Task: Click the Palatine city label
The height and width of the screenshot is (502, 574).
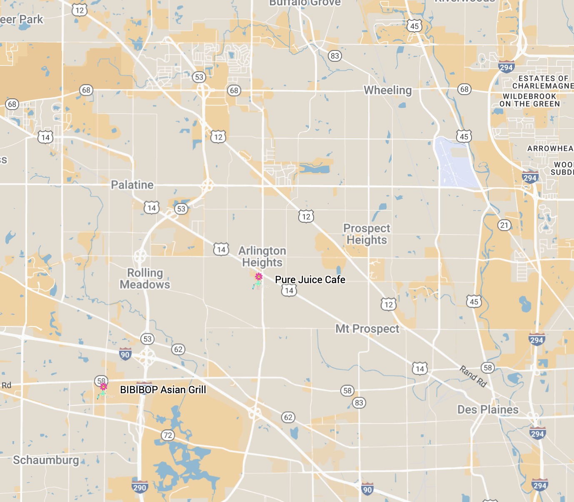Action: [132, 185]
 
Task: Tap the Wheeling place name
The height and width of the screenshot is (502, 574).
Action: [387, 90]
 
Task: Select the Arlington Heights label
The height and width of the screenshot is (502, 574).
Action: [262, 256]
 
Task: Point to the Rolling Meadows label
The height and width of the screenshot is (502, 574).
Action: [145, 279]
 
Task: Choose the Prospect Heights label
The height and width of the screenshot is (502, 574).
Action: [367, 234]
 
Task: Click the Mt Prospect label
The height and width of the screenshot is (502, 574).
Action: [367, 329]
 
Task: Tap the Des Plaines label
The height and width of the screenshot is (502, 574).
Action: [488, 409]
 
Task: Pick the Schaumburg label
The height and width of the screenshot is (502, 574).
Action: [46, 460]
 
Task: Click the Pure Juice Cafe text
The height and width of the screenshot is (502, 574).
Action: [310, 279]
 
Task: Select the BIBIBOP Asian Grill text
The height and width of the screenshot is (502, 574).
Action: [163, 389]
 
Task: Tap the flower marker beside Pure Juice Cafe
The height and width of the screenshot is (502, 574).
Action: [258, 280]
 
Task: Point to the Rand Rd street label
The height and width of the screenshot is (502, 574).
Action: [473, 376]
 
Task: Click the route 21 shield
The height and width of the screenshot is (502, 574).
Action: [504, 225]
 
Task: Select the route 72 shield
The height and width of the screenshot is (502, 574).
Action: [167, 435]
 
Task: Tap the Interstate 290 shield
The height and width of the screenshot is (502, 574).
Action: [140, 487]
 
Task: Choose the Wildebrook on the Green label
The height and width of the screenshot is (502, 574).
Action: [529, 100]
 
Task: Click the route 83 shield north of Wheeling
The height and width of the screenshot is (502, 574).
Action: [334, 56]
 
